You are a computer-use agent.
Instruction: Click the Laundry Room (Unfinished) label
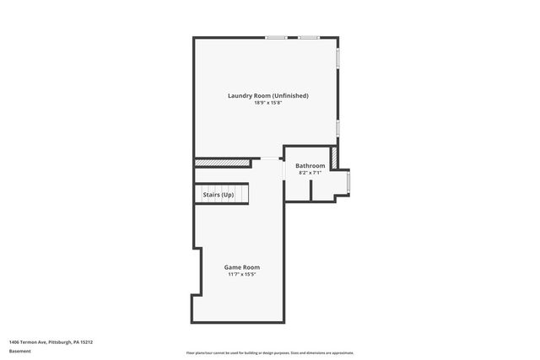[267, 95]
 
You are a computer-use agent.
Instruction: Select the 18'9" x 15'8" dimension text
[267, 104]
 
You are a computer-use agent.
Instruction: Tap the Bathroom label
[310, 165]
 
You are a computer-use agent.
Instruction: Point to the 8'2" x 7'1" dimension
[310, 173]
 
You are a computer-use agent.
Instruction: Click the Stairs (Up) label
[219, 195]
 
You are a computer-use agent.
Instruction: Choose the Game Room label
[241, 266]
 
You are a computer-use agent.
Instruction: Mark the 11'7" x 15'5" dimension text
[241, 274]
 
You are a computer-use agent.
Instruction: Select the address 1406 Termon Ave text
[51, 342]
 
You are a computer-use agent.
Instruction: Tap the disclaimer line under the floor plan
[270, 352]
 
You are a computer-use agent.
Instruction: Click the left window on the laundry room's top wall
[276, 37]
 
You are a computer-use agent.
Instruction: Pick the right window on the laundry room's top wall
[308, 37]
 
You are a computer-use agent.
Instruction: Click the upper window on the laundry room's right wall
[338, 57]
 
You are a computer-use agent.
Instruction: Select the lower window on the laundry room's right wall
[338, 128]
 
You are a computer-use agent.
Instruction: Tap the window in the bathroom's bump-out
[349, 182]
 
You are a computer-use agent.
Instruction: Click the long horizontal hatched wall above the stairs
[223, 162]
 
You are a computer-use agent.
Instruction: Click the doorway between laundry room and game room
[270, 159]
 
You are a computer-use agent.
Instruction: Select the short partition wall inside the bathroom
[310, 191]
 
